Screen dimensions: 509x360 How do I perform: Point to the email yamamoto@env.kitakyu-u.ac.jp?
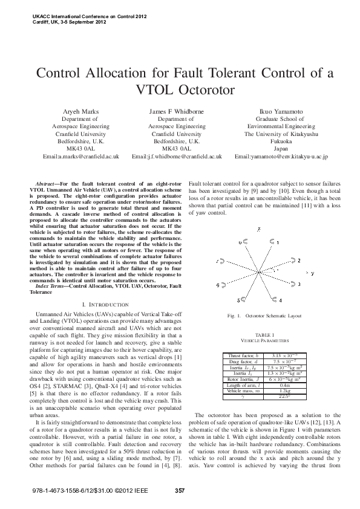[x=289, y=156]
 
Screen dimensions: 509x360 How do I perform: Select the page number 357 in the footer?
[x=179, y=490]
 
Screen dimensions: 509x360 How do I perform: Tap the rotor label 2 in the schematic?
[x=298, y=260]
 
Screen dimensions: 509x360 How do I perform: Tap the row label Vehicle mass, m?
[x=241, y=391]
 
